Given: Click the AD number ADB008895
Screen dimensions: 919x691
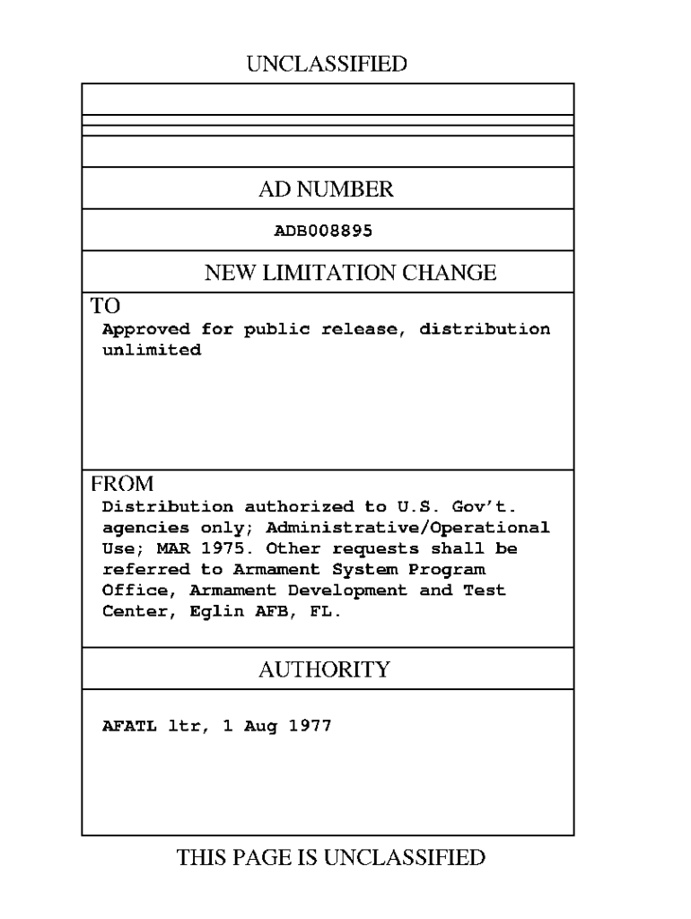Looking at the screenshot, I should click(323, 231).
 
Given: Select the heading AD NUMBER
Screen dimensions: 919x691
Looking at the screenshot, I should click(326, 189).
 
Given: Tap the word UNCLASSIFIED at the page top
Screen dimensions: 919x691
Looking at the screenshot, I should click(327, 64).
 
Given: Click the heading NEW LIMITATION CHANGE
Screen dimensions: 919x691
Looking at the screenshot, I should click(350, 273).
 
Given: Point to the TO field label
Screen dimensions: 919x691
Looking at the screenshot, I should click(106, 305).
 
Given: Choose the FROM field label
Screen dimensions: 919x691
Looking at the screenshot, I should click(122, 485).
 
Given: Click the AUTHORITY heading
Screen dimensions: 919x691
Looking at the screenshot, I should click(324, 670).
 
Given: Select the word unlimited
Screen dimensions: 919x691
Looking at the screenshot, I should click(151, 350).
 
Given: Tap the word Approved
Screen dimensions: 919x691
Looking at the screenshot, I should click(146, 329).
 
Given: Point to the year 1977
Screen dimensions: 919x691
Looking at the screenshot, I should click(310, 726).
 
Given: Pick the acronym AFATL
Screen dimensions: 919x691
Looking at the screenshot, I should click(129, 726).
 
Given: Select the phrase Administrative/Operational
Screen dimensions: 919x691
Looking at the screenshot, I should click(407, 527).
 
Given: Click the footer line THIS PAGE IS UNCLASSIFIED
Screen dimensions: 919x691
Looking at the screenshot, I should click(331, 858).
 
